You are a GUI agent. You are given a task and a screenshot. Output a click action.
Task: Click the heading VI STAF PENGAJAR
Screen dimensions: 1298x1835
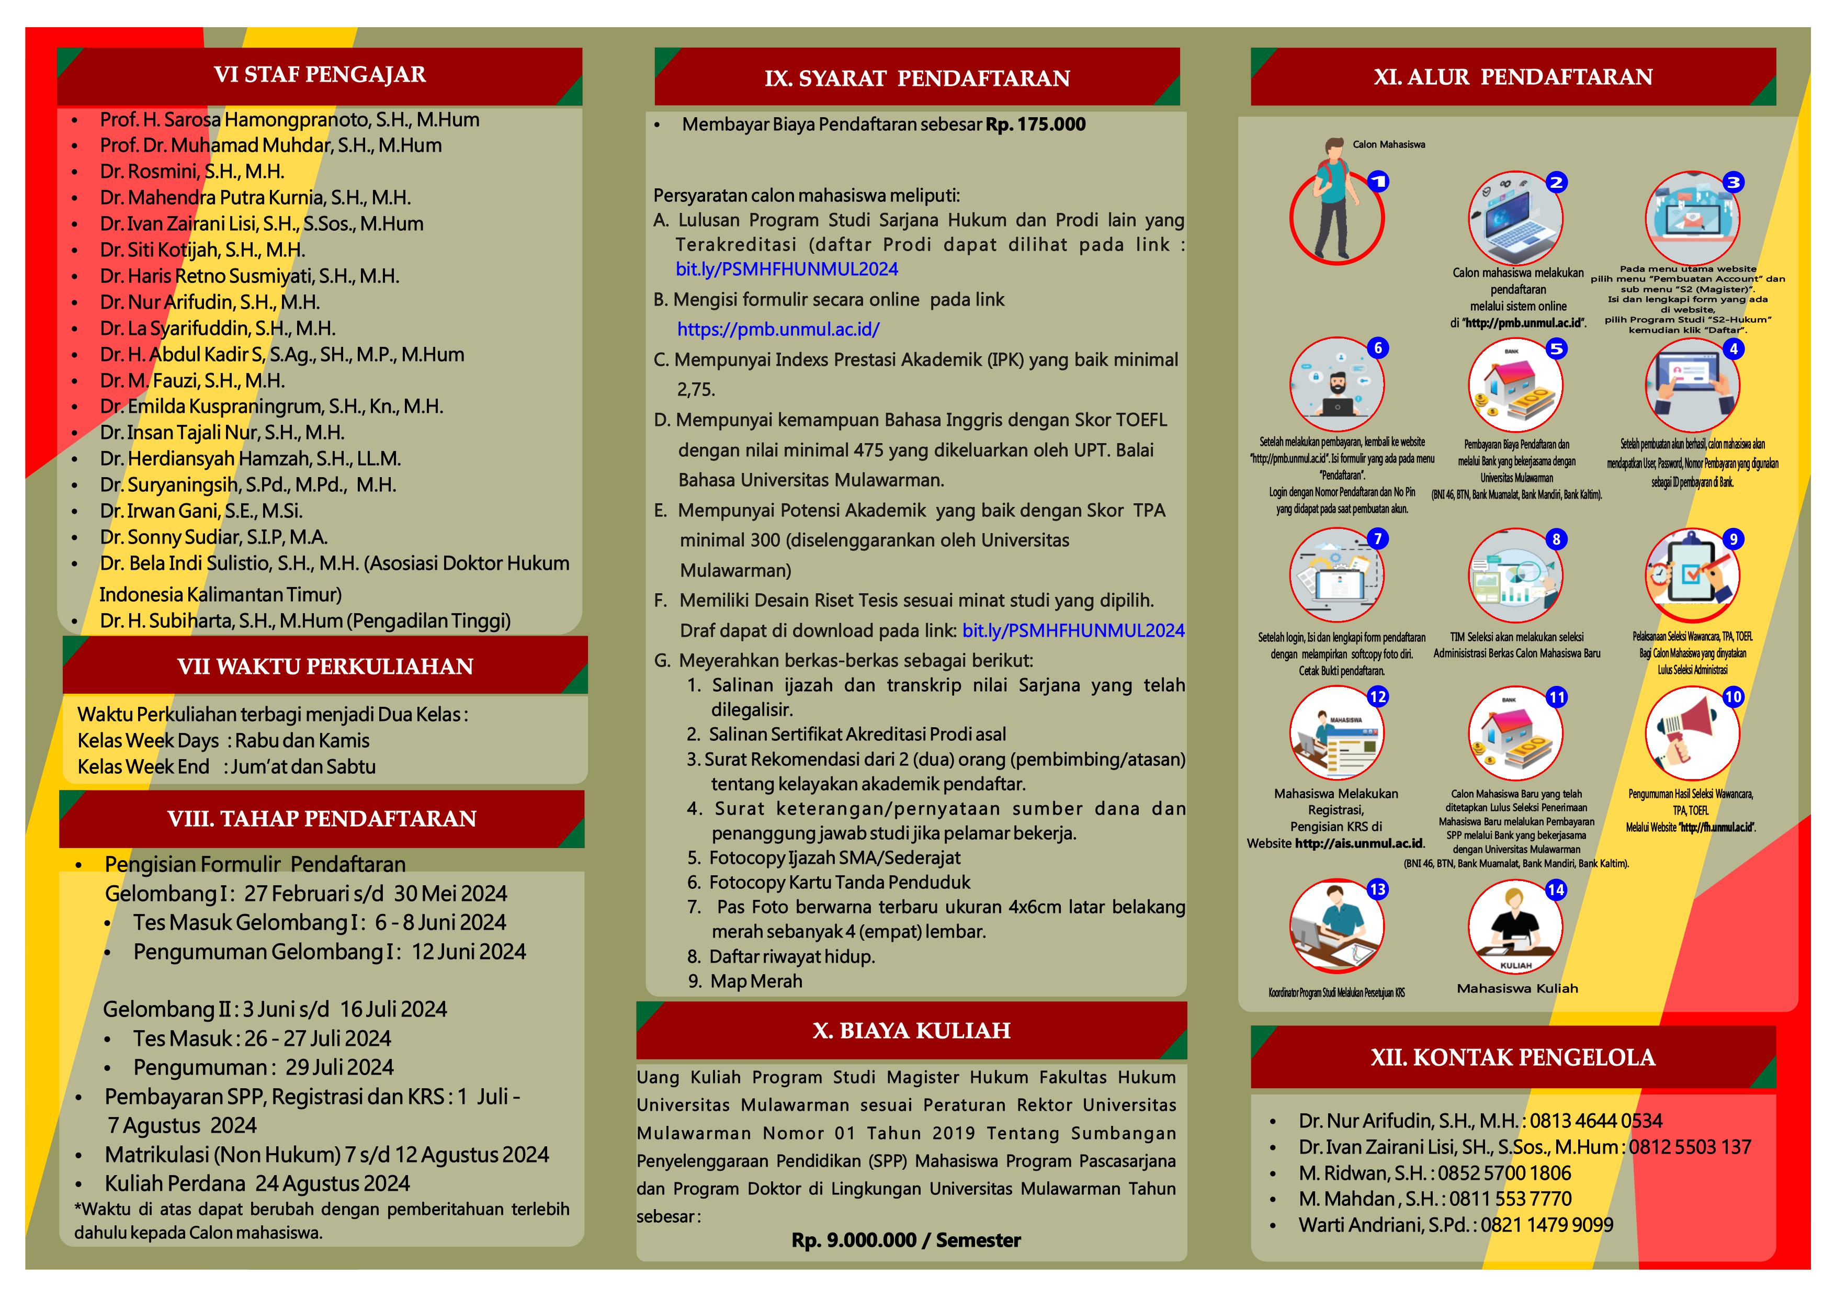320,75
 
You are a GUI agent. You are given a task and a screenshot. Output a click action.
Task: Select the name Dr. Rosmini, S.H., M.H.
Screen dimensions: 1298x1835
192,172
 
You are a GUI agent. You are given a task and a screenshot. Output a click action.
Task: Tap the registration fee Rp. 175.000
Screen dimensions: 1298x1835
1036,125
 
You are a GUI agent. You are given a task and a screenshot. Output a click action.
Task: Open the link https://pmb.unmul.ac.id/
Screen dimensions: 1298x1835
778,329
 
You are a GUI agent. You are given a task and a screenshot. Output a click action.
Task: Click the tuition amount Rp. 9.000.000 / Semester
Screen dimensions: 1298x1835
905,1240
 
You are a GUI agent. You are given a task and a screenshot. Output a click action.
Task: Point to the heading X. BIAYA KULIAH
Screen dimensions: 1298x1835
911,1031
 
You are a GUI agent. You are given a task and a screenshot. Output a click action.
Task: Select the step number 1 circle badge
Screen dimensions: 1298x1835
1378,182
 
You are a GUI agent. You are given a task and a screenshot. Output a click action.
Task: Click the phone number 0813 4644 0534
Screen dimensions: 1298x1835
1596,1121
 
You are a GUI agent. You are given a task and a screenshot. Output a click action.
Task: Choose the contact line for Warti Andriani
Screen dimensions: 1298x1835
1455,1225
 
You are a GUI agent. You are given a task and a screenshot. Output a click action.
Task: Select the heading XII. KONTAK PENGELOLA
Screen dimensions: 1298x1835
1512,1058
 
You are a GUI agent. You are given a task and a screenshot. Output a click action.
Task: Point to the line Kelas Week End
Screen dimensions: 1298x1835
226,767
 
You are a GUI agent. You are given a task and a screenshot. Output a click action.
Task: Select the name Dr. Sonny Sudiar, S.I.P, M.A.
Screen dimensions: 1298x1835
213,537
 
